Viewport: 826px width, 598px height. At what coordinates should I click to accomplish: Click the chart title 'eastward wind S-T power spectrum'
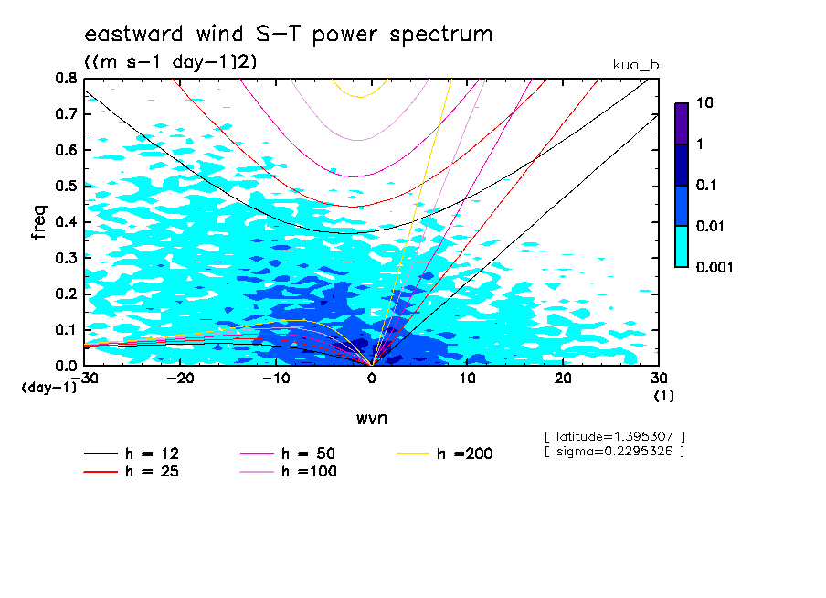click(x=288, y=35)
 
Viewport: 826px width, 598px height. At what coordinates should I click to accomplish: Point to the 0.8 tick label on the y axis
click(x=67, y=79)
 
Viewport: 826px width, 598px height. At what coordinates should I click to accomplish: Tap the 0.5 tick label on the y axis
click(x=67, y=186)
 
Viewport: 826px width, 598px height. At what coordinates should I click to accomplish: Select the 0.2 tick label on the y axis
click(x=67, y=294)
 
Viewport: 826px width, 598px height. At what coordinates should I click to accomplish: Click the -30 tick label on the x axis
click(x=85, y=378)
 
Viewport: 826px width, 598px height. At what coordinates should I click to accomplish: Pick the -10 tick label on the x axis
click(x=276, y=378)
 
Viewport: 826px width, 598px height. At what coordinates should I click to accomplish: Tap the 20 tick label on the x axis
click(x=564, y=378)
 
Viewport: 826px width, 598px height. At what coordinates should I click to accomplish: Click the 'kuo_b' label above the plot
click(x=636, y=65)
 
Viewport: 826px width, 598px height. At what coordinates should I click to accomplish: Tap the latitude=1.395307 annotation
click(x=614, y=437)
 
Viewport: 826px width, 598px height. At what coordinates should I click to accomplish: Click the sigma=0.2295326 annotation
click(x=614, y=452)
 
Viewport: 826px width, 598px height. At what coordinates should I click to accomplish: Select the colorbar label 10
click(x=707, y=104)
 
